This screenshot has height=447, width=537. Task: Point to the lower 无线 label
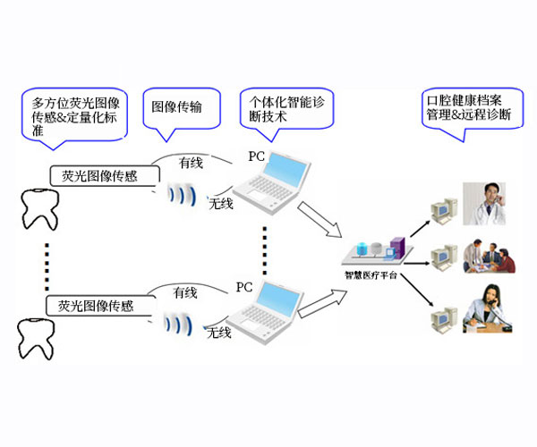point(220,334)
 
